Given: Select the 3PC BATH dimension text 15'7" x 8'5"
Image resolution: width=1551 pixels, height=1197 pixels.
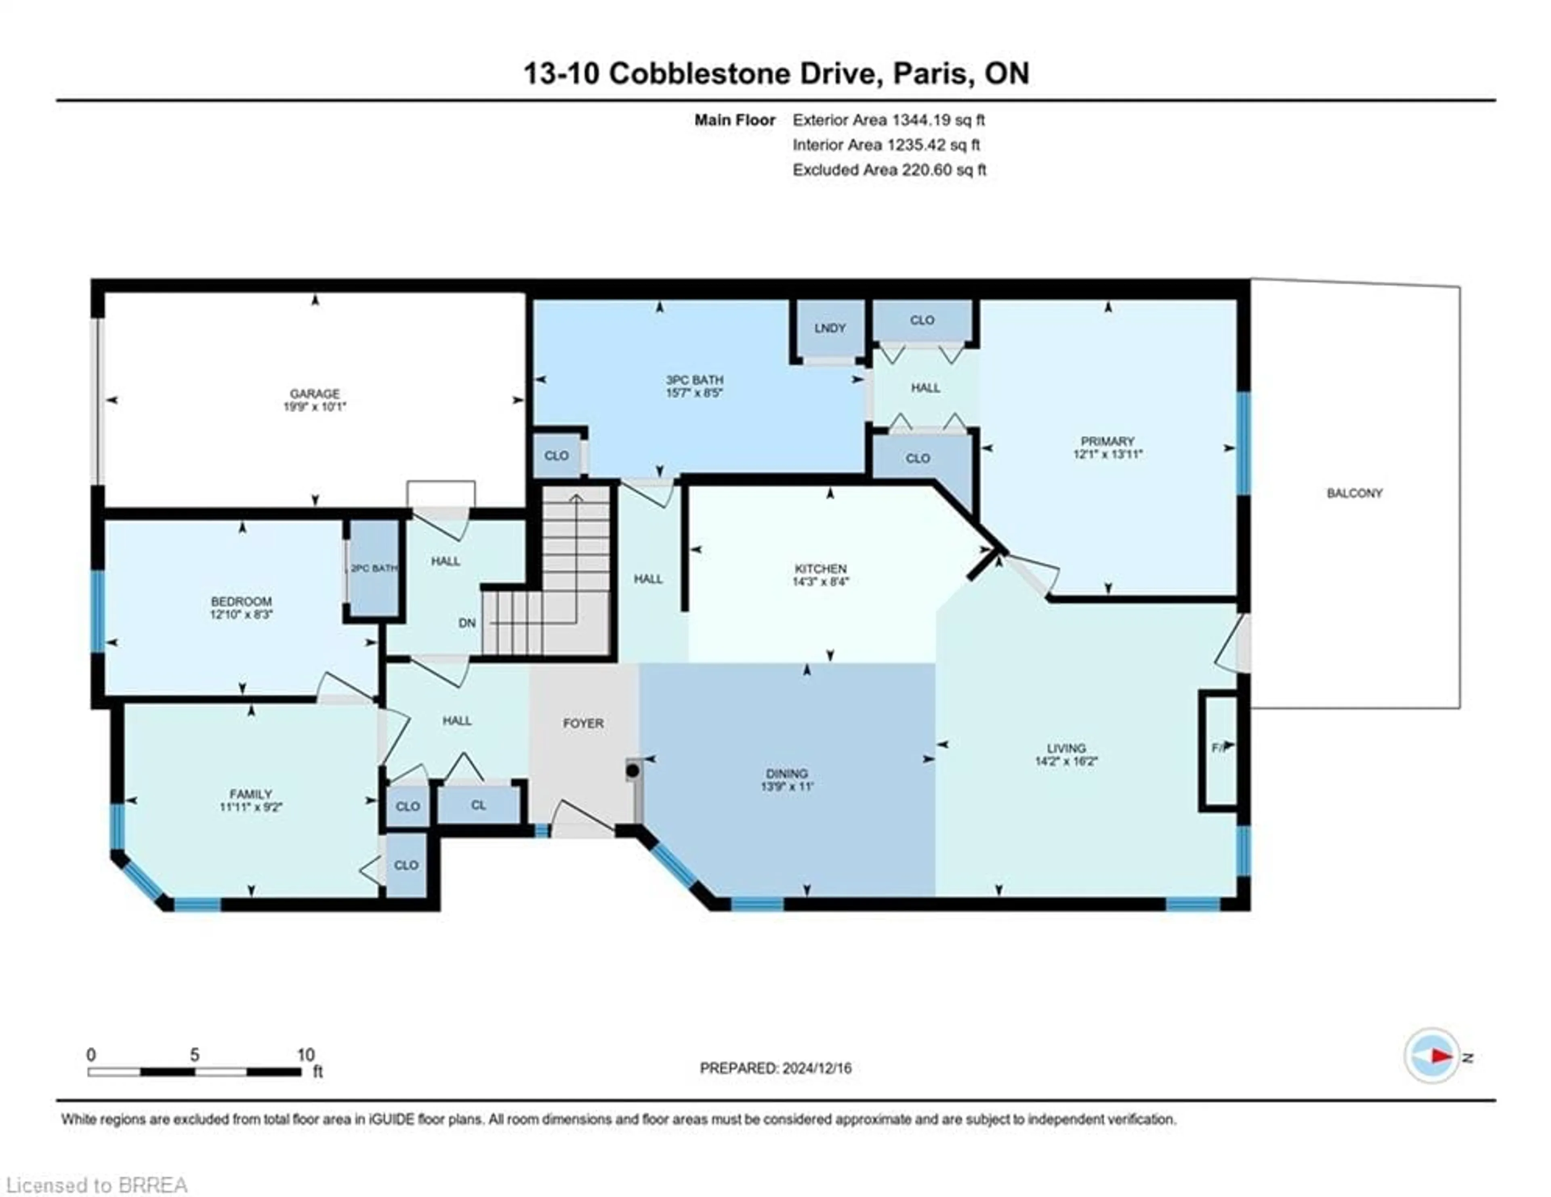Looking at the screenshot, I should click(694, 393).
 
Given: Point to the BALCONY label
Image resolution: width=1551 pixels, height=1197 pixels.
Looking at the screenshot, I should click(1354, 493).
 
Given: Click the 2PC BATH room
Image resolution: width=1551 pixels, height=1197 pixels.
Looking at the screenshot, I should click(374, 569).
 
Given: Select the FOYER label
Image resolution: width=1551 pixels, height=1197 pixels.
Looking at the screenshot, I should click(583, 723).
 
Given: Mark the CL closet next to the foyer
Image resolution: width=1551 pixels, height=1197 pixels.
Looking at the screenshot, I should click(478, 805).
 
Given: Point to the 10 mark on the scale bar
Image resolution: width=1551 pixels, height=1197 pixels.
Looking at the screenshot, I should click(305, 1055).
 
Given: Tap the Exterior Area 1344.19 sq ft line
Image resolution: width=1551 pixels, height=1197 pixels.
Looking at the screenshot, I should click(889, 120).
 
